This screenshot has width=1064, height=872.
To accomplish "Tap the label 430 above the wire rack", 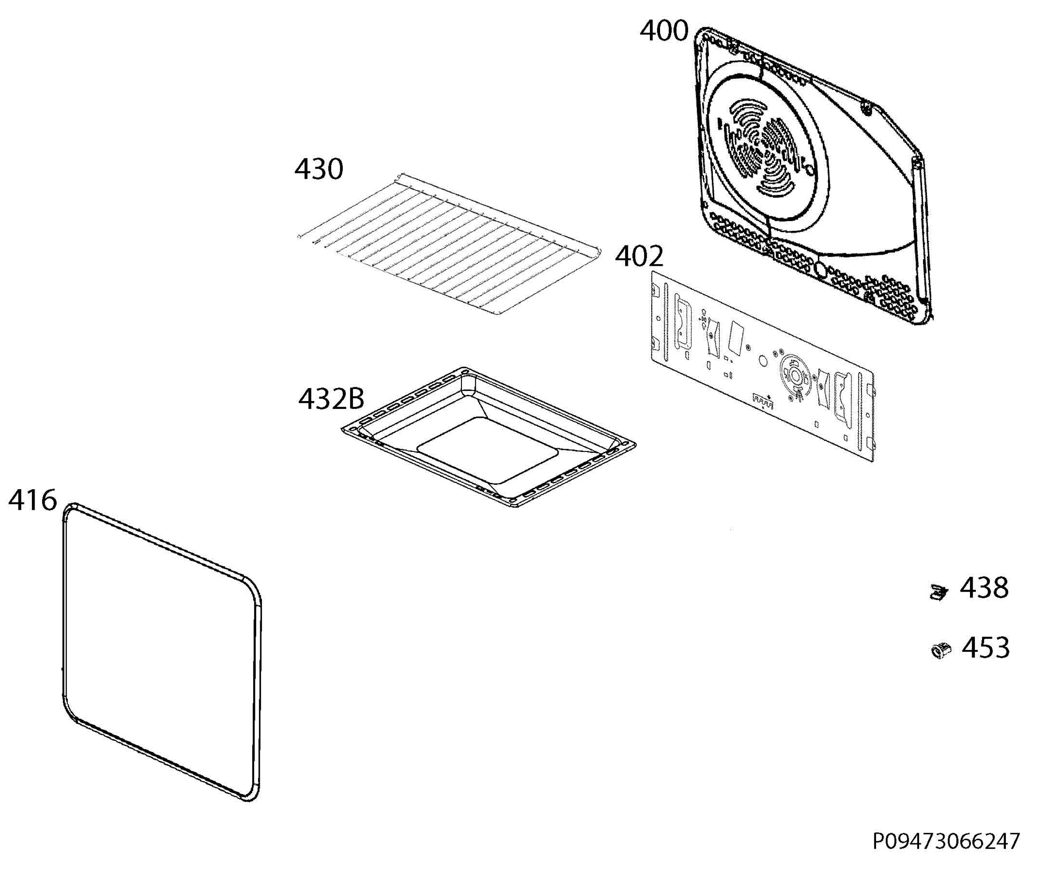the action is (319, 169).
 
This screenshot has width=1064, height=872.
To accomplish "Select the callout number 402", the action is (639, 257).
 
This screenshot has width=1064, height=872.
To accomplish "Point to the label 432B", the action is (331, 399).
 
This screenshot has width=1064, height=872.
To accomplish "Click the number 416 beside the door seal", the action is (33, 500).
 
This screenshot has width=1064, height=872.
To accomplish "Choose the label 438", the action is (984, 588).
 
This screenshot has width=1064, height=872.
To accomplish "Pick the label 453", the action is (986, 648).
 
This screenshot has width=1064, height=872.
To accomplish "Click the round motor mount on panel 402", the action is (794, 376).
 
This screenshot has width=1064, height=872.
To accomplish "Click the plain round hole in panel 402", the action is (763, 361).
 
